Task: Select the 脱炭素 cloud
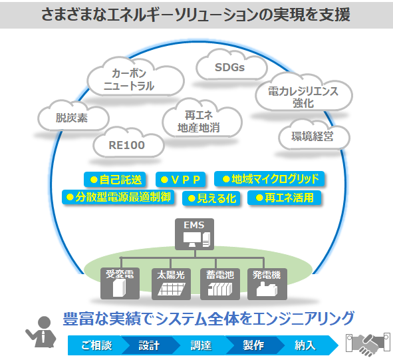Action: point(73,116)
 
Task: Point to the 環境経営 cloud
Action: point(314,135)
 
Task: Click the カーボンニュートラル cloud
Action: point(136,77)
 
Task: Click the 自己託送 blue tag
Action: point(115,180)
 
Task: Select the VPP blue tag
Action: point(180,180)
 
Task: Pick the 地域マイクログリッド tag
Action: point(269,179)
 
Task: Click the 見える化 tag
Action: point(211,198)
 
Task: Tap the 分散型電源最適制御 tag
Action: point(118,197)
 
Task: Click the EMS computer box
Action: point(194,234)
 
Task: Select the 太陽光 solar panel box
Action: point(171,284)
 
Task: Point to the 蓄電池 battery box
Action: point(220,284)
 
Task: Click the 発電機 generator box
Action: point(267,284)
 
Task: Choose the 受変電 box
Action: point(120,283)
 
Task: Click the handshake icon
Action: point(368,344)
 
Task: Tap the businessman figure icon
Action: point(41,331)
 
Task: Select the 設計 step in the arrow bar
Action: point(149,345)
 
